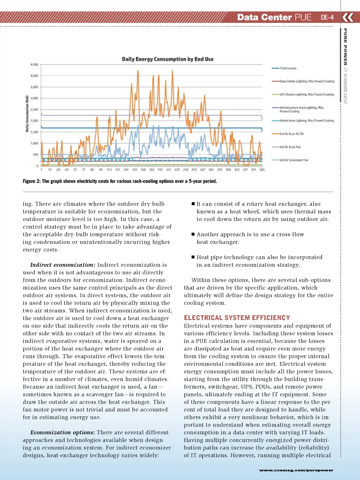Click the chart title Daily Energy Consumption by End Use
pos(167,59)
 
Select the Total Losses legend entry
pos(288,68)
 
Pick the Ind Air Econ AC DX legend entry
pos(291,134)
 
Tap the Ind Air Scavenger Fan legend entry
pos(294,160)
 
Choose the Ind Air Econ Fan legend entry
pos(290,147)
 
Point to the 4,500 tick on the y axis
pos(34,65)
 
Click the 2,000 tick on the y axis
pos(34,121)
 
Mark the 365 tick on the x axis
pos(262,170)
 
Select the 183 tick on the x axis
pos(152,170)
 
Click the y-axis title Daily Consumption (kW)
pos(27,114)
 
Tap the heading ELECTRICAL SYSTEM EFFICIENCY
pos(237,318)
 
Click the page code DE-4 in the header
pos(327,17)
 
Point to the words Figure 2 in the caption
pos(31,181)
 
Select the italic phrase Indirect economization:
pos(63,265)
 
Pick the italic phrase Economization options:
pos(63,432)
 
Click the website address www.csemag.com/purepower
pos(296,470)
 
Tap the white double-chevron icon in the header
pos(348,17)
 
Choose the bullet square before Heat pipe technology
pos(193,257)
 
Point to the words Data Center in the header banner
pos(264,17)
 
